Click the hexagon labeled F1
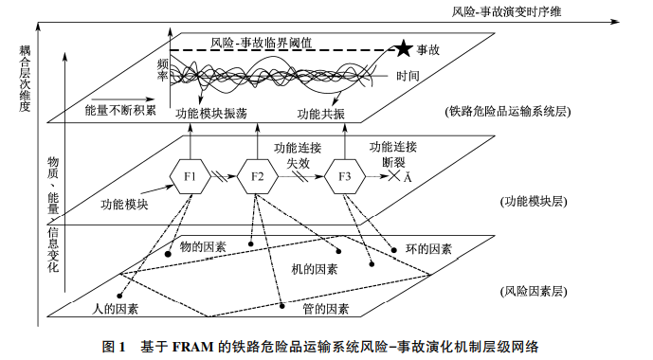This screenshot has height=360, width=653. tap(189, 177)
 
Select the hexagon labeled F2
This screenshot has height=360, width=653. tap(257, 177)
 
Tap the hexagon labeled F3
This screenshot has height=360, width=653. tap(344, 177)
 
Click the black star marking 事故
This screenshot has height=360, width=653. tap(405, 47)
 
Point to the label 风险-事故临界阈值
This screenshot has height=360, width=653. tap(262, 43)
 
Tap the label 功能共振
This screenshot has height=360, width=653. tap(320, 113)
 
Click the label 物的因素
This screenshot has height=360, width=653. tap(204, 246)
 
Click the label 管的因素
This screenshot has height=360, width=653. tap(326, 309)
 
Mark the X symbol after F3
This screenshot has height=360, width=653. tap(393, 177)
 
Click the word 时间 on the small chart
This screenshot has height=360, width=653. tap(408, 76)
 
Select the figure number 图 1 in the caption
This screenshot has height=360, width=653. tap(115, 345)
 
